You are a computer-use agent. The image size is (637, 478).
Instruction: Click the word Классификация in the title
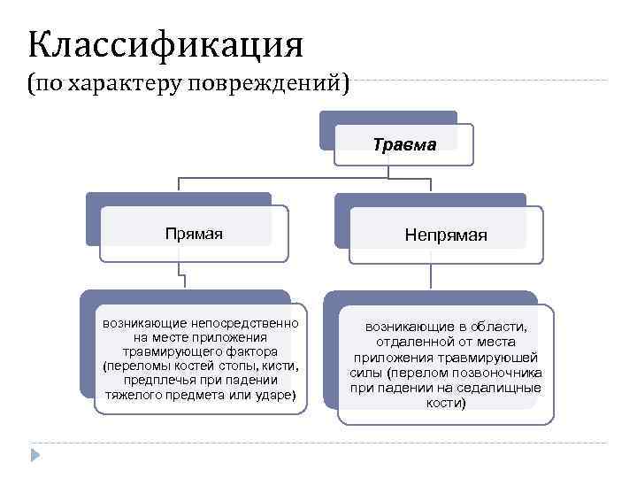coord(165,42)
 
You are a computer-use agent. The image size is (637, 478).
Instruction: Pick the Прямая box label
coord(194,234)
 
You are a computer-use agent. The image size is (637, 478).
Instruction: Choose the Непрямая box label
coord(446,235)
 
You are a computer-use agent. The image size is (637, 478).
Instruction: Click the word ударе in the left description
coord(278,394)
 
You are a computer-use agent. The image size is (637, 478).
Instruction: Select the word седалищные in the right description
coord(502,388)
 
